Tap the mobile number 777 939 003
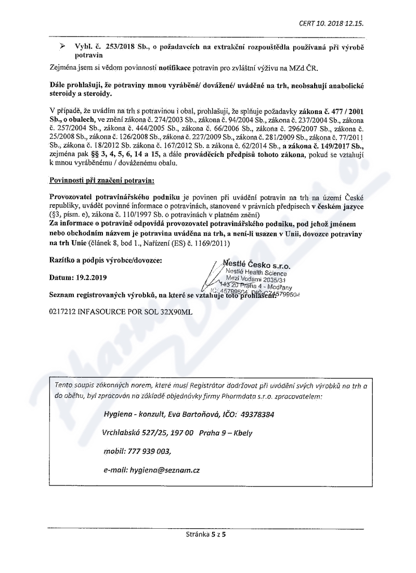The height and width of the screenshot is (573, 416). click(149, 451)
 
